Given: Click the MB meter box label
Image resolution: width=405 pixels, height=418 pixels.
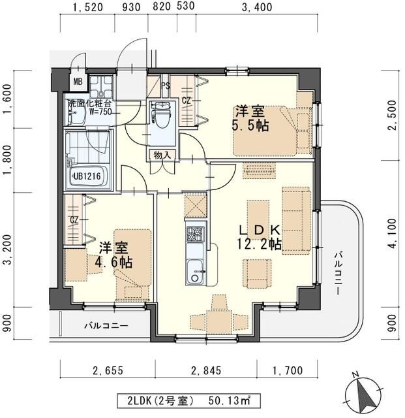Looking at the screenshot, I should pos(78,82).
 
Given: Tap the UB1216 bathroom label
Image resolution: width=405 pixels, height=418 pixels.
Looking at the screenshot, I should pos(86,176).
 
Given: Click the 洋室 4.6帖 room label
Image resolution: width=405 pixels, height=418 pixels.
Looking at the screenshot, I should pos(116,255).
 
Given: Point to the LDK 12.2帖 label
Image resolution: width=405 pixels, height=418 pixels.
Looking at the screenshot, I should pos(259,237).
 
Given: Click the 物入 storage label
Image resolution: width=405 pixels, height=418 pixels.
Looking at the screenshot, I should pos(162,155).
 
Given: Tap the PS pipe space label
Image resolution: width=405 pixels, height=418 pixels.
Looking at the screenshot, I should pos(166,85).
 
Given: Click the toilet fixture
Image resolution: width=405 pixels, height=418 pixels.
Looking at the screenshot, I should pos(160,115).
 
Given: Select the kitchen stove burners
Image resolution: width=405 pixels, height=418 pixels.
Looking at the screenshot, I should pos(195,231).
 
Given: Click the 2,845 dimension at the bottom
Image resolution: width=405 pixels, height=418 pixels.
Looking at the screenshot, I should pos(205,371).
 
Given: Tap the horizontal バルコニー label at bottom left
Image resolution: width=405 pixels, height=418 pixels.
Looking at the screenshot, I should pos(105,325).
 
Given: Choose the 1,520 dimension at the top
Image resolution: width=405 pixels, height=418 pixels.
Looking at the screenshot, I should pos(88,8).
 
